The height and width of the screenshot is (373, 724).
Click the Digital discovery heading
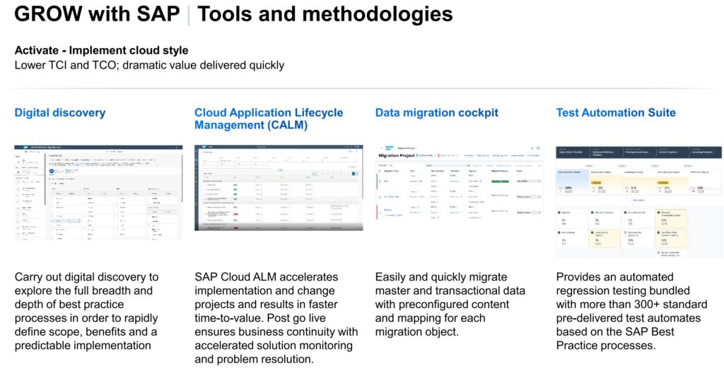(x=60, y=112)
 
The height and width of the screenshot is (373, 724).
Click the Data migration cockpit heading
(x=436, y=112)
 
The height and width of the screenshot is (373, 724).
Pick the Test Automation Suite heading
(x=616, y=112)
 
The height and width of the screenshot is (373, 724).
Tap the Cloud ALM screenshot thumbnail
(x=279, y=187)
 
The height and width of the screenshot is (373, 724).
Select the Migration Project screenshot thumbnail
(x=459, y=186)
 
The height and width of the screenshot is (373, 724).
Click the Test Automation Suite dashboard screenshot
(x=639, y=201)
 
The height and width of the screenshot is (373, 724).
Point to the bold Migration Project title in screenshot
(x=397, y=155)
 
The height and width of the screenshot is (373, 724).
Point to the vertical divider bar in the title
(x=189, y=14)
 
